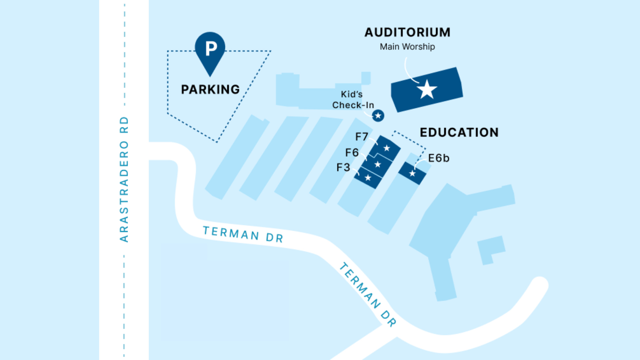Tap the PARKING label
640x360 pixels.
[x=210, y=89]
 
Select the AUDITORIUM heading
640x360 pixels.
[x=407, y=32]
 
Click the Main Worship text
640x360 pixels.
[x=407, y=47]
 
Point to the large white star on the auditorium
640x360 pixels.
[x=427, y=89]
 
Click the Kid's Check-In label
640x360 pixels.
[x=353, y=100]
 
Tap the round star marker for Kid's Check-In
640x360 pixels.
[x=378, y=116]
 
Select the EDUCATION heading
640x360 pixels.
[x=459, y=132]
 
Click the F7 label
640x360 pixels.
[x=362, y=137]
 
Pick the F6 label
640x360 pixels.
[x=352, y=153]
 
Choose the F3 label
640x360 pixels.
[x=343, y=167]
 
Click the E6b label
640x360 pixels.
[x=439, y=158]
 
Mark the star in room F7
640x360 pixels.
[x=387, y=148]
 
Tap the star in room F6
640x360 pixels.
[x=378, y=164]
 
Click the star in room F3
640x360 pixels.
[x=368, y=178]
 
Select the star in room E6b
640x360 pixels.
[x=412, y=173]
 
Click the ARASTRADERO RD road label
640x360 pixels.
[x=124, y=179]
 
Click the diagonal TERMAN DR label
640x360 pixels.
[x=368, y=295]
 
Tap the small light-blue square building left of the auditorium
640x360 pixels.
[x=366, y=78]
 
